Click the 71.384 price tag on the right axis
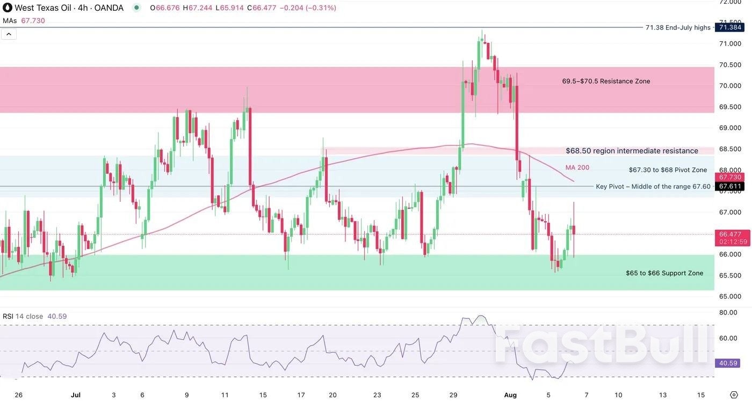pyautogui.click(x=730, y=27)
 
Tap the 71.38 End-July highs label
pyautogui.click(x=678, y=27)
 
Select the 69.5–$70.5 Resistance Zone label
pyautogui.click(x=606, y=81)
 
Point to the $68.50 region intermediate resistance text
pyautogui.click(x=632, y=151)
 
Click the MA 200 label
pyautogui.click(x=577, y=167)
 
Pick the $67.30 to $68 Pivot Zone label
pyautogui.click(x=668, y=170)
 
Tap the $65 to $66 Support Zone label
pyautogui.click(x=664, y=273)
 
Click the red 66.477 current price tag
pyautogui.click(x=730, y=234)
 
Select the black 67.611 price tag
pyautogui.click(x=730, y=186)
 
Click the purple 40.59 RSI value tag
pyautogui.click(x=728, y=363)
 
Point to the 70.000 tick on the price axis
pyautogui.click(x=730, y=86)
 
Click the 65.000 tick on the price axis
pyautogui.click(x=730, y=296)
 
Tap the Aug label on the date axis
pyautogui.click(x=510, y=395)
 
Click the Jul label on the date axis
pyautogui.click(x=76, y=395)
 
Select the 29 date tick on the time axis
pyautogui.click(x=453, y=395)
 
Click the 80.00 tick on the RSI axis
pyautogui.click(x=728, y=312)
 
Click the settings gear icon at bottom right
pyautogui.click(x=734, y=395)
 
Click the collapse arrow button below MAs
pyautogui.click(x=9, y=34)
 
